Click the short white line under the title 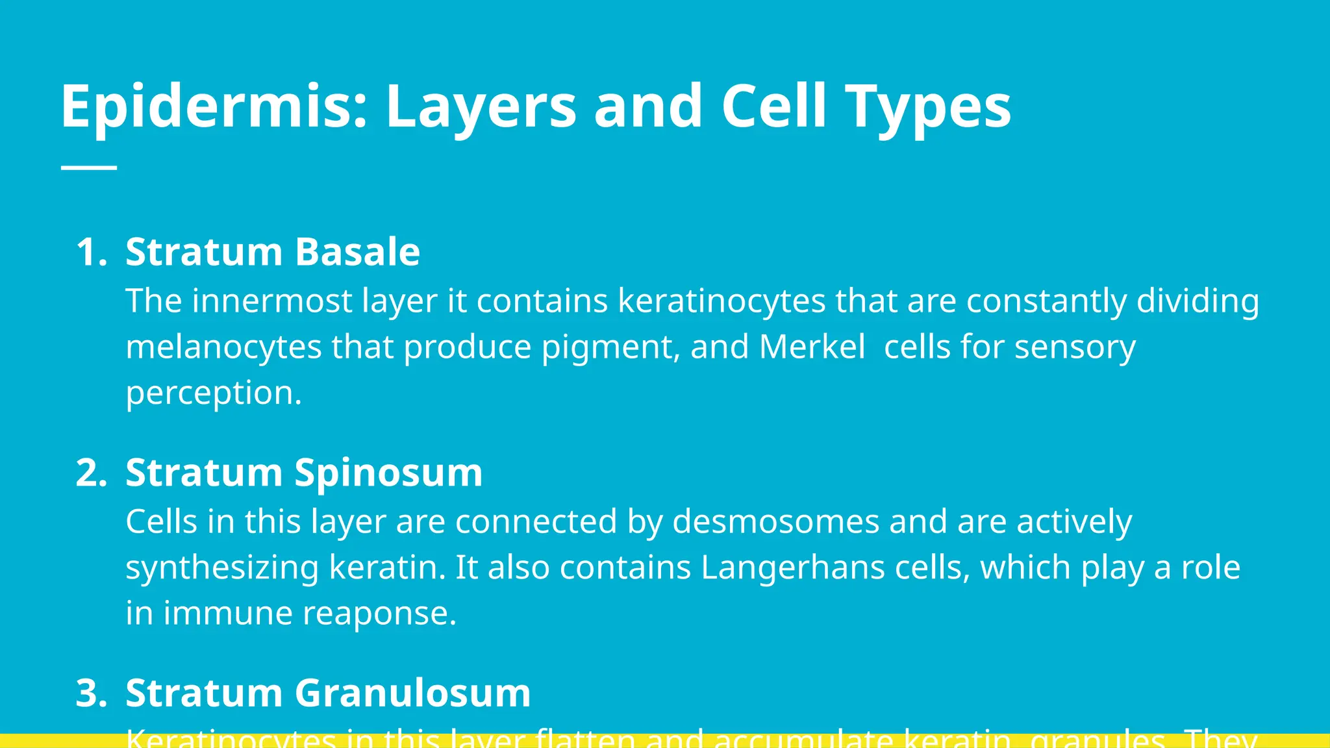(89, 168)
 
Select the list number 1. (90, 252)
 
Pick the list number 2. (90, 473)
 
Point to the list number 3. (90, 693)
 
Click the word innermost (271, 301)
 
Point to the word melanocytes (223, 347)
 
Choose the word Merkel (812, 347)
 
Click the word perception (214, 393)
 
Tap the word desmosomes (775, 522)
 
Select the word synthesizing (222, 568)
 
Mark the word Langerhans (792, 568)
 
